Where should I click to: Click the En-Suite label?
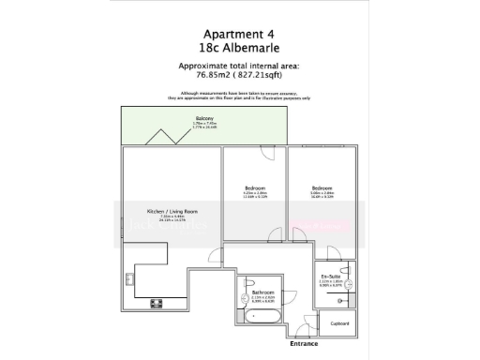[x=330, y=276]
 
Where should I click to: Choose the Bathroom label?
[x=262, y=293]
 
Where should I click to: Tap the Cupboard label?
[x=339, y=323]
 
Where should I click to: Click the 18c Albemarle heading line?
[x=239, y=47]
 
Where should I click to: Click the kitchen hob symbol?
[x=155, y=303]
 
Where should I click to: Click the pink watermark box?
[x=309, y=226]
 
